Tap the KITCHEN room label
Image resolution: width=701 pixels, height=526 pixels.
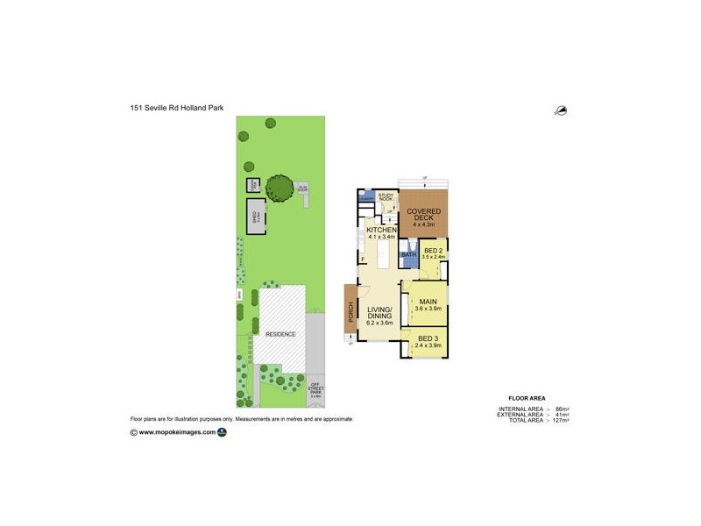point(382,229)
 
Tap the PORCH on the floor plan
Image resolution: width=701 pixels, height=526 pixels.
point(350,312)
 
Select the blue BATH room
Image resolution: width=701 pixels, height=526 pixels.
point(409,256)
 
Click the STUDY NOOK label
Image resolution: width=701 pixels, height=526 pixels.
point(386,198)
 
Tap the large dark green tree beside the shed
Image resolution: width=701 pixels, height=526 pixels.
point(280,187)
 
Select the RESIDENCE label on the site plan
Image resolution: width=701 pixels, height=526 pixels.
point(280,334)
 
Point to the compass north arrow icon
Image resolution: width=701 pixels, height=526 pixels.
point(560,110)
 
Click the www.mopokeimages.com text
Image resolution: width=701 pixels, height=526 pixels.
point(177,431)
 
